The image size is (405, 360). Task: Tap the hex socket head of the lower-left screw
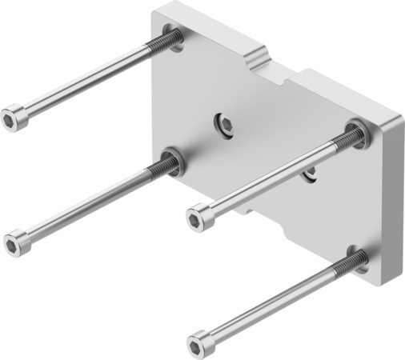17,242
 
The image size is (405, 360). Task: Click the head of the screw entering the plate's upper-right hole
200,216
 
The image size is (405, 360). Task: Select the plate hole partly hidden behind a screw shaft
309,175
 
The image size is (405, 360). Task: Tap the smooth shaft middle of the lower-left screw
88,204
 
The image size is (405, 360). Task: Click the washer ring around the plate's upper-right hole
357,130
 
